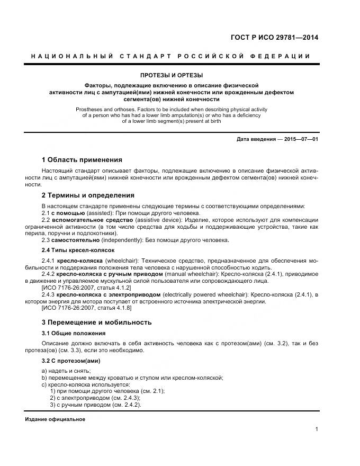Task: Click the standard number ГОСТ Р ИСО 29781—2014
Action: point(275,38)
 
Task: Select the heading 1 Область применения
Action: point(82,159)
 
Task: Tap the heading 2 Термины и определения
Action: point(88,195)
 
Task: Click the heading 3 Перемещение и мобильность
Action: point(96,322)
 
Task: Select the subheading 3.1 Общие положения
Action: point(74,333)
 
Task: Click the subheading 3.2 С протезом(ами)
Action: point(71,361)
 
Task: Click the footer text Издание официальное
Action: point(55,419)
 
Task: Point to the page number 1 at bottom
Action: point(316,429)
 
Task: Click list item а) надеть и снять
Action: point(66,370)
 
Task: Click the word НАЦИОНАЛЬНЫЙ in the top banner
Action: point(65,56)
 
